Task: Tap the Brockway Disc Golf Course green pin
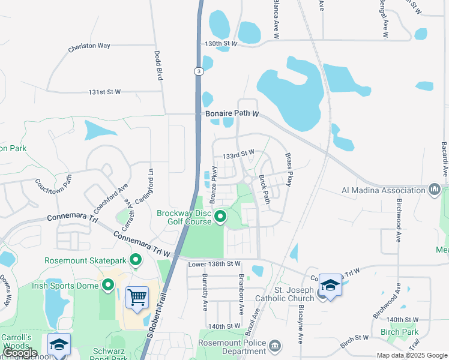(x=220, y=217)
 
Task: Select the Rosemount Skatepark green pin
(x=136, y=260)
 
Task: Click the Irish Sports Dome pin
(x=108, y=285)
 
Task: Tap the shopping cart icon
(x=137, y=297)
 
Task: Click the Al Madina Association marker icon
(x=435, y=191)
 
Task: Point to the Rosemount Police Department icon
(x=275, y=346)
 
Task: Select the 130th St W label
(x=221, y=44)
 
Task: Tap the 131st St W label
(x=104, y=92)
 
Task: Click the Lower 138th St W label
(x=214, y=263)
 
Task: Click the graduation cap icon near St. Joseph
(x=330, y=286)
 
